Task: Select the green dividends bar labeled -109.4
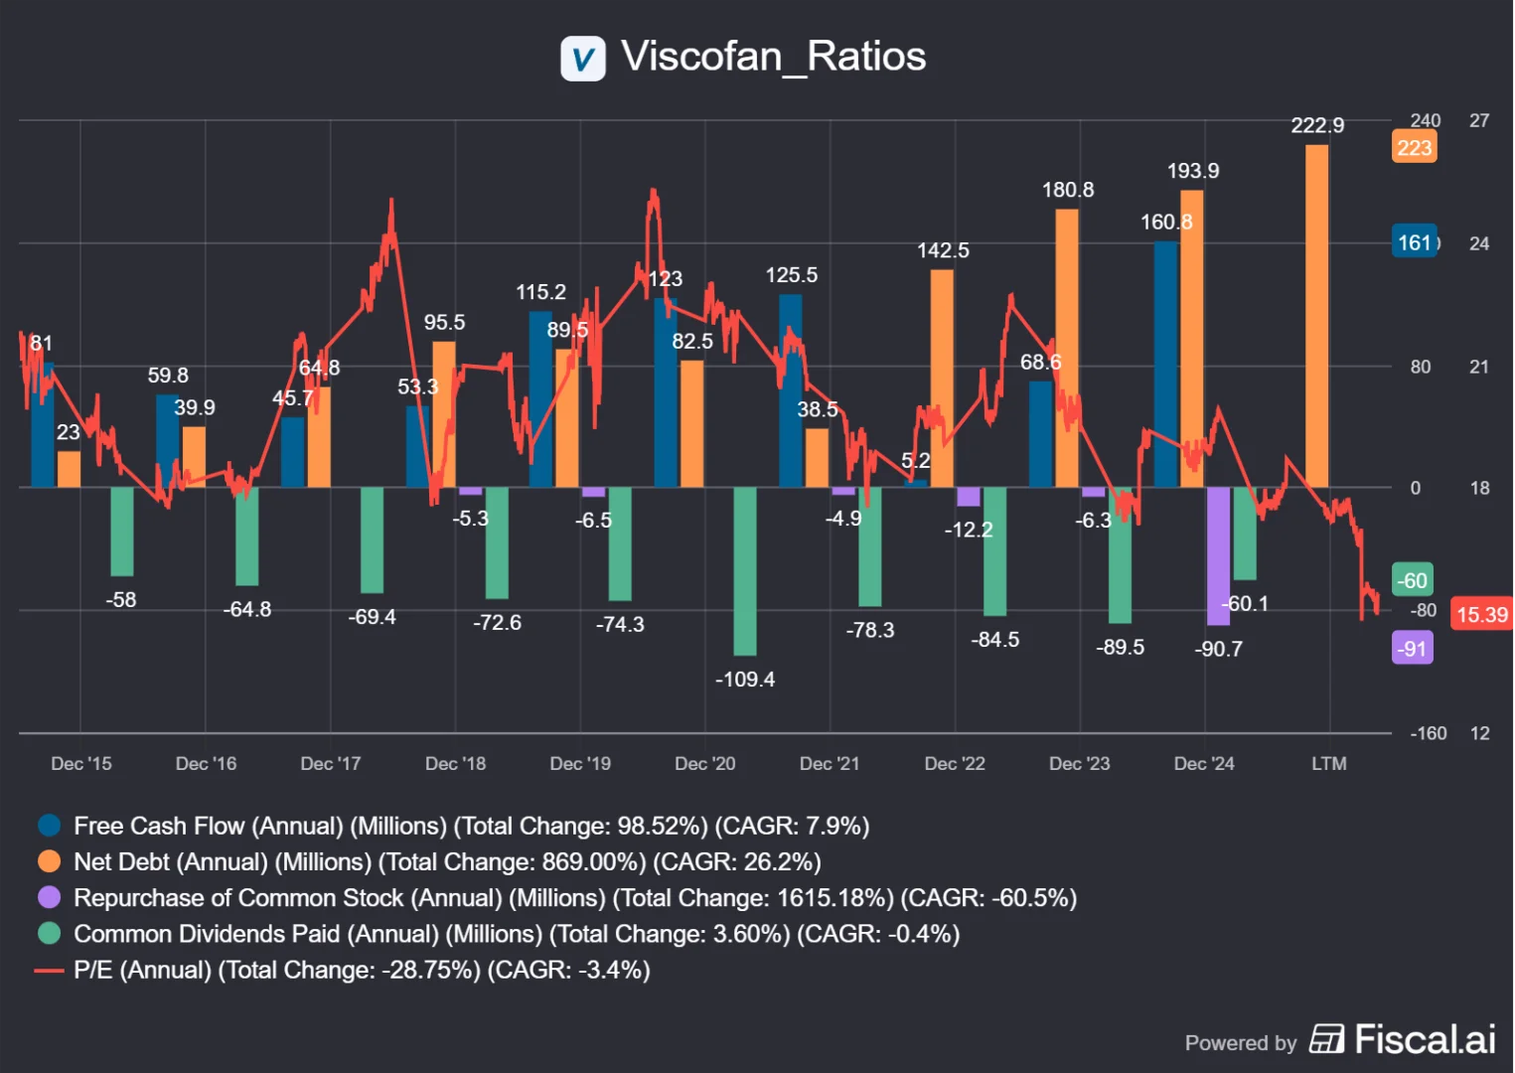coord(744,571)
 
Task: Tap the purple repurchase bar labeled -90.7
coord(1218,555)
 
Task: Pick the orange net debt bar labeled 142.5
coord(942,378)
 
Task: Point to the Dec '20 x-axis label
coord(704,763)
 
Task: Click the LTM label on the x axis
coord(1328,763)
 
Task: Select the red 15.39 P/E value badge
coord(1481,614)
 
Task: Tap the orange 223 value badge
coord(1414,148)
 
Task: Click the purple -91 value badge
coord(1412,649)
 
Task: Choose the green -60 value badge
coord(1412,580)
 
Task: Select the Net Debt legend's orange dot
coord(49,861)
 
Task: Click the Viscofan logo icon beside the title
coord(583,58)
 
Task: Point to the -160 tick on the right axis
coord(1428,733)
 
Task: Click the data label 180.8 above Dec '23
coord(1067,190)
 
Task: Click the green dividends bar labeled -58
coord(122,531)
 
